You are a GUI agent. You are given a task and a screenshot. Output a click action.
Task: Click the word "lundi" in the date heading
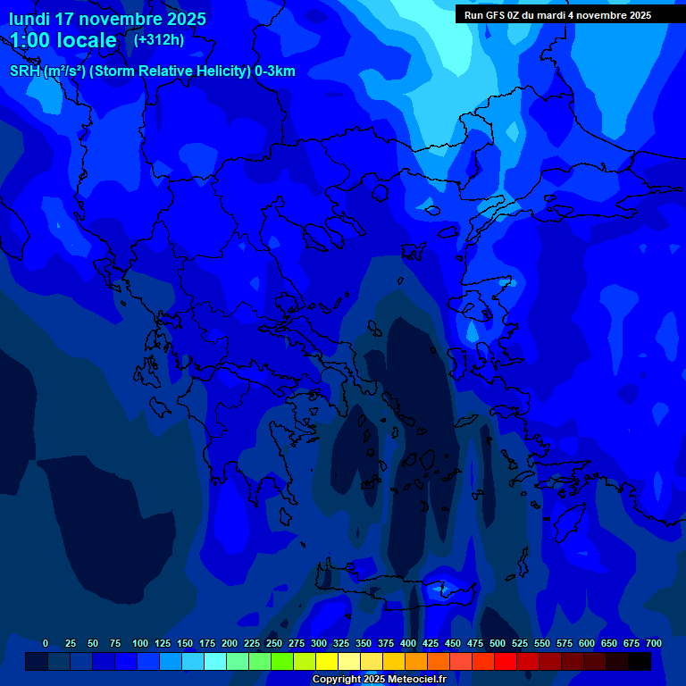coord(31,19)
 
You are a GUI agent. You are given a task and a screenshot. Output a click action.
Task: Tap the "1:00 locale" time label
coord(63,40)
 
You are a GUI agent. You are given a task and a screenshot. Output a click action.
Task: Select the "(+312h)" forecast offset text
coord(159,39)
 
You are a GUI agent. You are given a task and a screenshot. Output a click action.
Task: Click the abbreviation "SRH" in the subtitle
coord(25,71)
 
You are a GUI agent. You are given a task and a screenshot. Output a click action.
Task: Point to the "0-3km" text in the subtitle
coord(275,71)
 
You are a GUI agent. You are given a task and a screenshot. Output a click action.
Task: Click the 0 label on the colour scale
coord(46,644)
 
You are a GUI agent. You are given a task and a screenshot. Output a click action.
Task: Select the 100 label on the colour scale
coord(140,644)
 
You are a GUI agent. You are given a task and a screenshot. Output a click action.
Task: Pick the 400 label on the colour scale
coord(408,644)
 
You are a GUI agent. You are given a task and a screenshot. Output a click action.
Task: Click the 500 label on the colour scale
coord(498,644)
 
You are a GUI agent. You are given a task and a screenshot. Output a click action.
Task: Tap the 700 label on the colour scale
coord(654,644)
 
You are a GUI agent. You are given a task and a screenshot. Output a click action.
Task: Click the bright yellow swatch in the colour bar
coord(327,661)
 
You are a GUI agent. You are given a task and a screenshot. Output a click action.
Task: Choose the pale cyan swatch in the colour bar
coord(215,661)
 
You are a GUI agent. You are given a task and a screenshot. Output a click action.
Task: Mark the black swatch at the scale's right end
coord(640,661)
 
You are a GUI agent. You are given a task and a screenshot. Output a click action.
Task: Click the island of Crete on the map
coord(393,590)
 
